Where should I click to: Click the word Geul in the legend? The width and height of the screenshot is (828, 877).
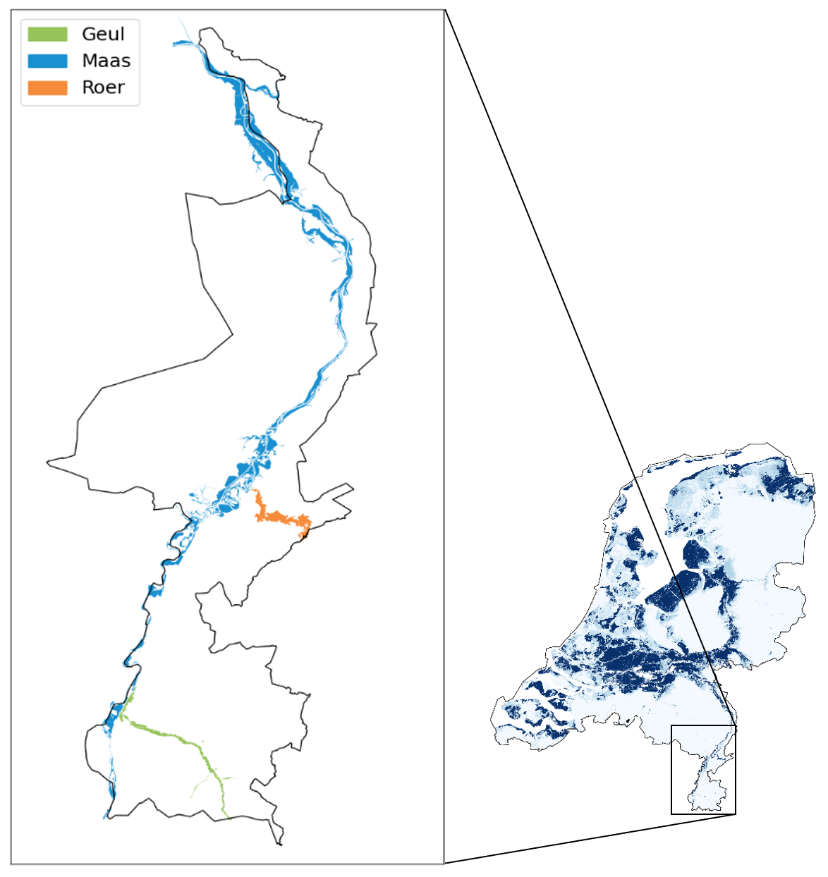[103, 34]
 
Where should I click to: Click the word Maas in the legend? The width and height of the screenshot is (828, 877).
[106, 61]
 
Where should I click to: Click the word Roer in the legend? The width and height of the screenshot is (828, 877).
[103, 87]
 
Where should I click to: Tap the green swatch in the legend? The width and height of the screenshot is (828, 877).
[47, 34]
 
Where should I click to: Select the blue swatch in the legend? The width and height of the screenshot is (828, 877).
[47, 61]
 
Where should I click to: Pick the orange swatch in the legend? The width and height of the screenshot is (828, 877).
[47, 87]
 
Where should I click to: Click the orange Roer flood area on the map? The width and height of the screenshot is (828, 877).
[282, 518]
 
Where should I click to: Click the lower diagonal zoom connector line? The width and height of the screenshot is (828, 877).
[585, 838]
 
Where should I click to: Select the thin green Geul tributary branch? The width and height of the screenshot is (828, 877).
[205, 783]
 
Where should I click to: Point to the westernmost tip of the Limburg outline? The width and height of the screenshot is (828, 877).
[48, 462]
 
